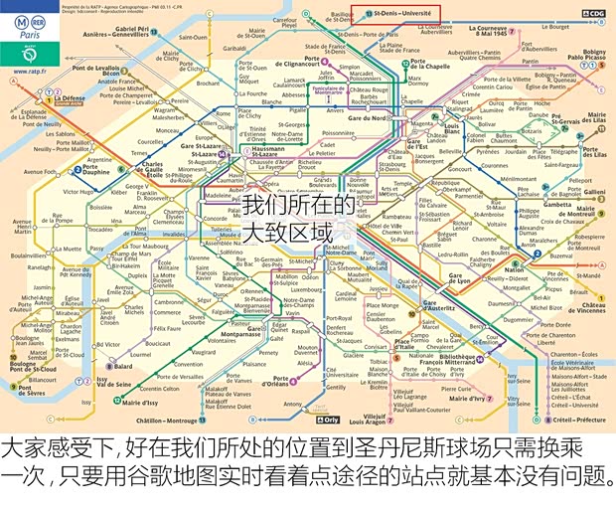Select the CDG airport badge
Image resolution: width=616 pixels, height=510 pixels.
[x=593, y=14]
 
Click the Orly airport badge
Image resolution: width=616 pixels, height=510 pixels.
[x=356, y=420]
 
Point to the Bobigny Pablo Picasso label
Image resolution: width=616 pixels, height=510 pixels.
[x=593, y=55]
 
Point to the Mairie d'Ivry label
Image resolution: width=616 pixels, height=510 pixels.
[x=473, y=399]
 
